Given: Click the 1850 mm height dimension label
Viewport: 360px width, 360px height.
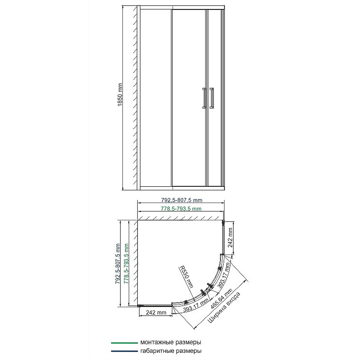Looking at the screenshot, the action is [120, 95].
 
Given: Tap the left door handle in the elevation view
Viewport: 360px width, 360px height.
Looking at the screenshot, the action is [204, 98].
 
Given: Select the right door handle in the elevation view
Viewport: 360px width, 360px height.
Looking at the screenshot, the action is [211, 98].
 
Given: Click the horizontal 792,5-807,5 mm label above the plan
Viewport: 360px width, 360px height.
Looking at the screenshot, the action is [182, 200].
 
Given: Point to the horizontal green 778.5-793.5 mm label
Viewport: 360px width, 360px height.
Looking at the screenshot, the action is [181, 208].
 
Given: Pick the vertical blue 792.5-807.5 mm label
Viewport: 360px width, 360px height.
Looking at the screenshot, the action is [118, 264].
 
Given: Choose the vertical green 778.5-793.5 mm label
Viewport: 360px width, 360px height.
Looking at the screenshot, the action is [126, 264].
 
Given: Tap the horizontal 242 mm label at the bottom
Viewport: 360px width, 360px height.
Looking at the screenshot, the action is [156, 312].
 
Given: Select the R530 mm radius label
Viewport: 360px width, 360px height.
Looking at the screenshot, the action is [186, 276].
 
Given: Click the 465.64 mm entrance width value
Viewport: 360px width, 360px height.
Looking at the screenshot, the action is [221, 298].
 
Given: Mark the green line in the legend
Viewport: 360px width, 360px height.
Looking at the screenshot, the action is [124, 343].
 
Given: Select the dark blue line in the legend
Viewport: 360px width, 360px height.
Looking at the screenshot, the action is [124, 351].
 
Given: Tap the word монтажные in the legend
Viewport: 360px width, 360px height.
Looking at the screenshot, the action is [157, 342].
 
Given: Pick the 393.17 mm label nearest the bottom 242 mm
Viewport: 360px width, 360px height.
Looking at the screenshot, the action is [196, 306].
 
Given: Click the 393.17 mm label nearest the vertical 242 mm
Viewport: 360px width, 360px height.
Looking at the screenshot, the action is [224, 275].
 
